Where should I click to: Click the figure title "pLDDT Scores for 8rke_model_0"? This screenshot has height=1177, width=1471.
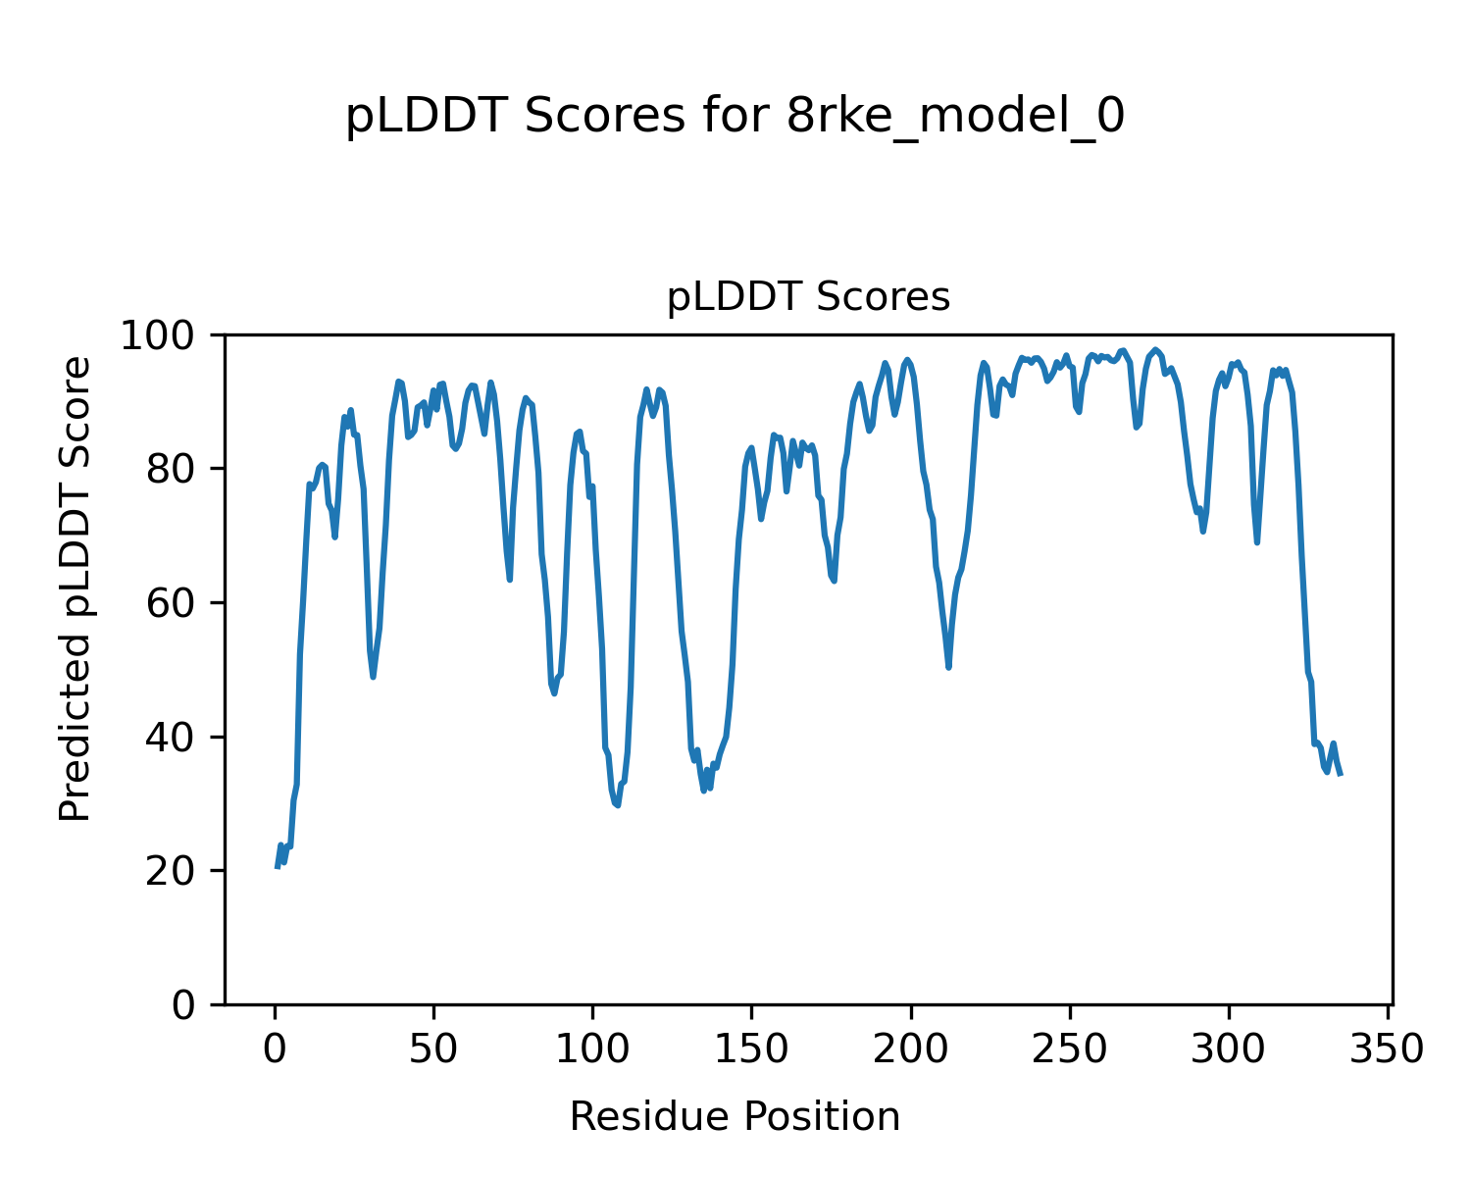[735, 117]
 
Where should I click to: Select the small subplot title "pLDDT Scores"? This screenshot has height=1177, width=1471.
[808, 296]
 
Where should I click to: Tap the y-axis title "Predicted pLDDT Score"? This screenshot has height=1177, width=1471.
[76, 588]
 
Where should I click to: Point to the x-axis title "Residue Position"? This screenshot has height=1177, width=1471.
[735, 1116]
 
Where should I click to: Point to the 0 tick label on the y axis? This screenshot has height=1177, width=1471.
[184, 1005]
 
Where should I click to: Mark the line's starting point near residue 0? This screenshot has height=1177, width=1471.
[277, 867]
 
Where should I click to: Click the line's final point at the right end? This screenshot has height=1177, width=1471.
[1341, 775]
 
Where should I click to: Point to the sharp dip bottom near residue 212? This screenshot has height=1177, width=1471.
[949, 667]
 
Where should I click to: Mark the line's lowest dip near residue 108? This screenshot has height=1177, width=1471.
[618, 805]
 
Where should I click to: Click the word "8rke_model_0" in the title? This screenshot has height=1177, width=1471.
[955, 117]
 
